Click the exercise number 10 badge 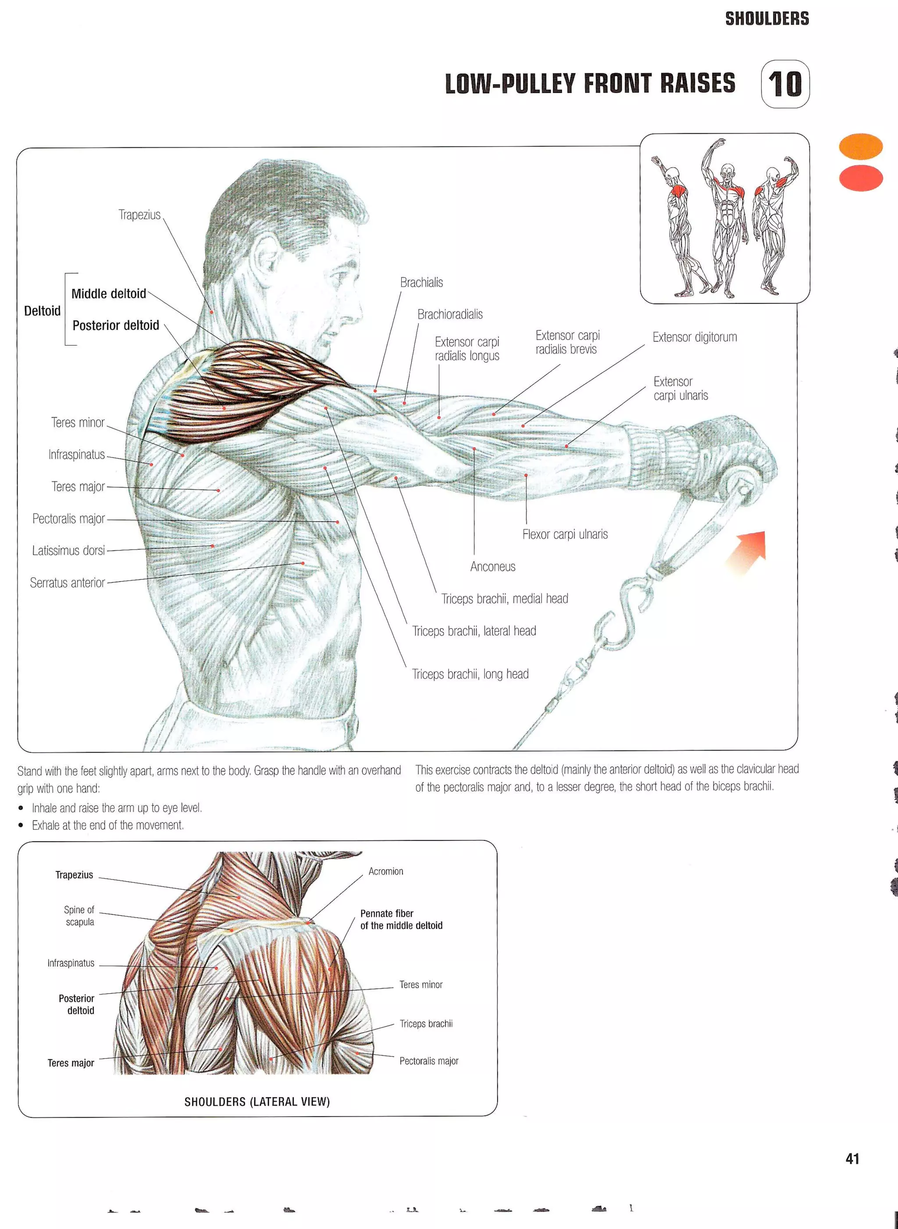pyautogui.click(x=785, y=84)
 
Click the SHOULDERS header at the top pyautogui.click(x=766, y=18)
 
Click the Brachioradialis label pyautogui.click(x=449, y=314)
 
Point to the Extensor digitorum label pyautogui.click(x=694, y=337)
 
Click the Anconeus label pyautogui.click(x=492, y=567)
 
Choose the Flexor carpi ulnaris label pyautogui.click(x=565, y=535)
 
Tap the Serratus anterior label pyautogui.click(x=68, y=583)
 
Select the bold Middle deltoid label pyautogui.click(x=109, y=294)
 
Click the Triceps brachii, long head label pyautogui.click(x=470, y=674)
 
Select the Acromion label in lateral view pyautogui.click(x=385, y=871)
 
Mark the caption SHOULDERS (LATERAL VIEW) pyautogui.click(x=257, y=1102)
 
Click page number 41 pyautogui.click(x=852, y=1159)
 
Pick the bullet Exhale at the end pyautogui.click(x=107, y=825)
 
